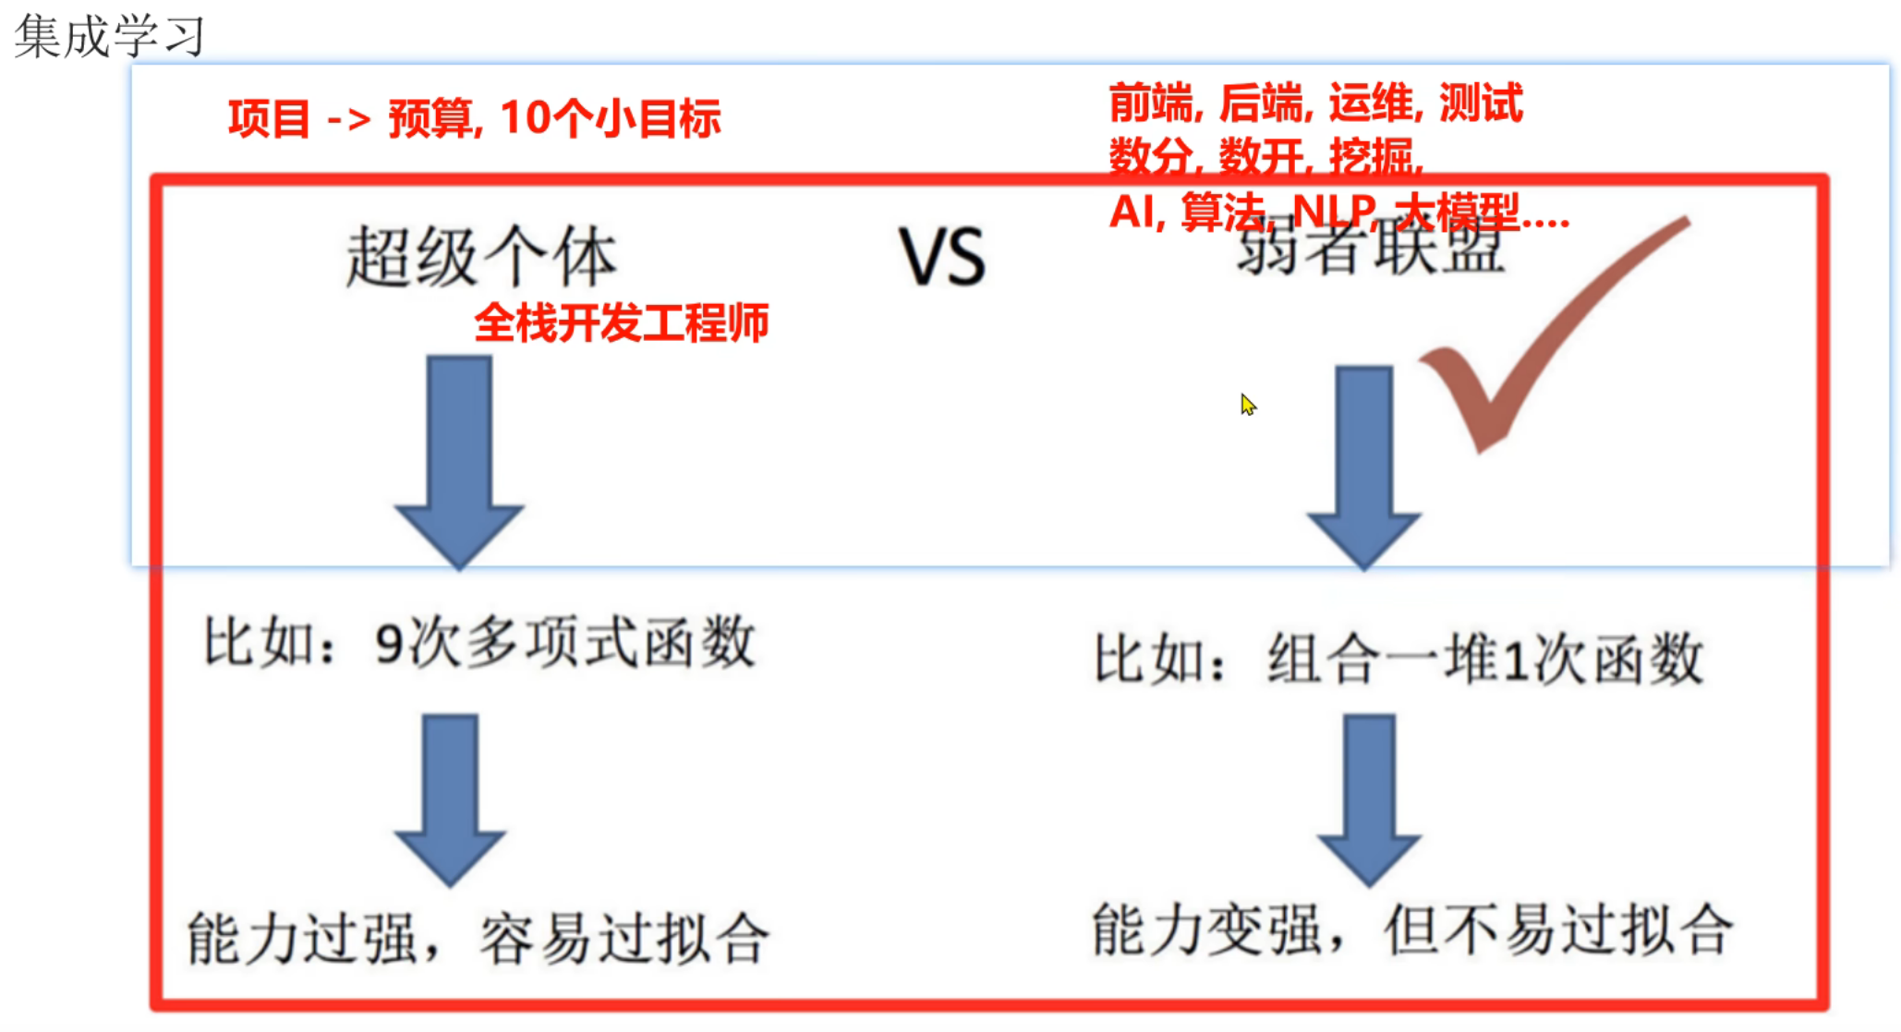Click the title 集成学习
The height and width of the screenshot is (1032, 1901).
tap(109, 37)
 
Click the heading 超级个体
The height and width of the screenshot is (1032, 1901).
tap(480, 257)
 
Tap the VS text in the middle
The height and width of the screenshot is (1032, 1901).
tap(942, 257)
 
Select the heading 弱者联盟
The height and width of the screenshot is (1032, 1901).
tap(1371, 249)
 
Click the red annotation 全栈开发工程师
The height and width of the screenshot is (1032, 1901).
tap(621, 323)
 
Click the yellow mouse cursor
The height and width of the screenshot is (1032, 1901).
tap(1248, 404)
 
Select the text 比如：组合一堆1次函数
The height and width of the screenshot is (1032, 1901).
tap(1399, 660)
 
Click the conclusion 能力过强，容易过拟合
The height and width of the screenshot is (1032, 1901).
tap(478, 939)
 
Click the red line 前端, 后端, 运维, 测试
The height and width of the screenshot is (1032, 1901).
tap(1315, 103)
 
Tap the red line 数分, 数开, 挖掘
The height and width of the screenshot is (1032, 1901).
tap(1265, 157)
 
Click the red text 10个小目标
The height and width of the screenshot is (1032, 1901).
tap(610, 118)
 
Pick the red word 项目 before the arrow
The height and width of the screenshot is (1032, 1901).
tap(269, 118)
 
